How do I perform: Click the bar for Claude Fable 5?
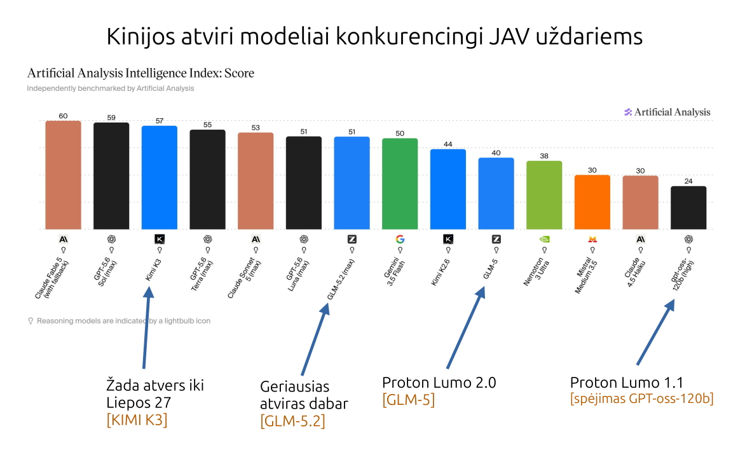point(63,175)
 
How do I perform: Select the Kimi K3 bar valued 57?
point(159,178)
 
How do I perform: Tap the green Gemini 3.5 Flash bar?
point(400,184)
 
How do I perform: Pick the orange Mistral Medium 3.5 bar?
point(592,202)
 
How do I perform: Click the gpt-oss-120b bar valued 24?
point(688,208)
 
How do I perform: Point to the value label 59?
point(111,118)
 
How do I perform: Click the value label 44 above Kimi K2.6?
point(448,144)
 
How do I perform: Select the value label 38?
point(544,155)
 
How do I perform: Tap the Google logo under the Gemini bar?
point(400,239)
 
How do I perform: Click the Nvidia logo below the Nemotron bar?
point(545,239)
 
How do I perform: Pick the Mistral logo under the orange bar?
point(592,239)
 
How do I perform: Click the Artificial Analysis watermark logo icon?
point(627,112)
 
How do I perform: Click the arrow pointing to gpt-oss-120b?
point(655,332)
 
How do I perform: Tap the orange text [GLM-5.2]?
point(292,421)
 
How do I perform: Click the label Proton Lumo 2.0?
point(439,383)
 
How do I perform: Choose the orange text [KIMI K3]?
point(137,419)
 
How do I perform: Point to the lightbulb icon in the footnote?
point(31,321)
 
